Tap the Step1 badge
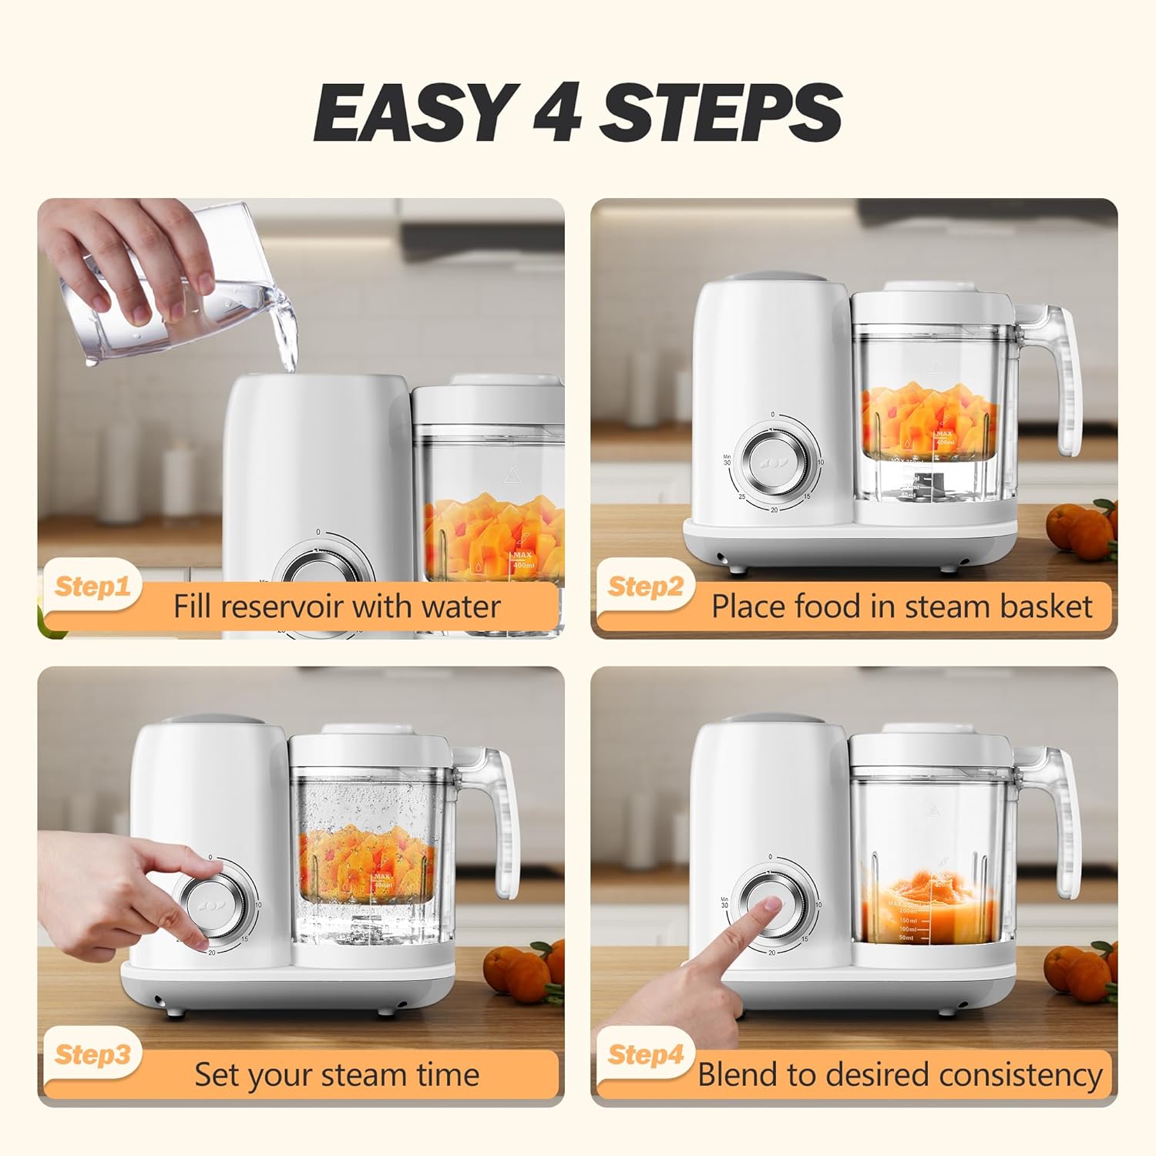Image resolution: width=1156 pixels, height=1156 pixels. [92, 586]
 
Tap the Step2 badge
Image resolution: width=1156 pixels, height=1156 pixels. [645, 586]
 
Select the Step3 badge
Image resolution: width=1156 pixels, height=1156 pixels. [92, 1054]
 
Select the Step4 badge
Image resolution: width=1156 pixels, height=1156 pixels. [645, 1054]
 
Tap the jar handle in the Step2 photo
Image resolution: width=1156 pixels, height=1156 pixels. [1067, 378]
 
